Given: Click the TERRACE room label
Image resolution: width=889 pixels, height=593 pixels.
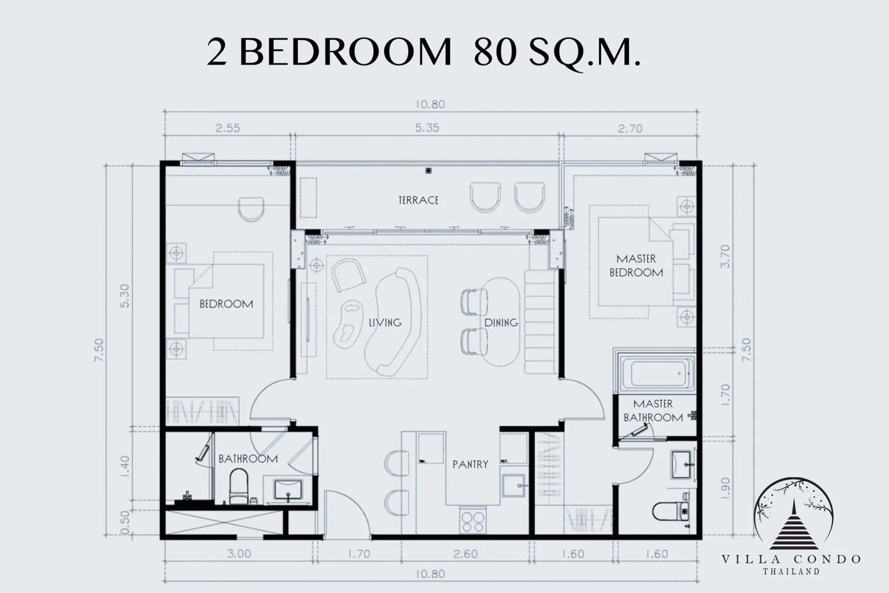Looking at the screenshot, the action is coord(418,200).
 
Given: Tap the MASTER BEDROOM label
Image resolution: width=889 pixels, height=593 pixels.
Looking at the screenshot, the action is coord(636,265).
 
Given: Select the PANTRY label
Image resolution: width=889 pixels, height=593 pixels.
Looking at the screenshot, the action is coord(470,464).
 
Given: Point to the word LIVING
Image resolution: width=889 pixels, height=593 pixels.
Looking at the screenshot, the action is coord(385,322).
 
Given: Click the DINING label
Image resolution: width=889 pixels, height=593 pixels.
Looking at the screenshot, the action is coord(501,322).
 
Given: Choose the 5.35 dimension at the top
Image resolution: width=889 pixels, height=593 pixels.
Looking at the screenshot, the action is coord(427,127).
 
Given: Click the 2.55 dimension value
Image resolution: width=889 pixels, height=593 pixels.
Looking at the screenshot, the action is coord(228,127).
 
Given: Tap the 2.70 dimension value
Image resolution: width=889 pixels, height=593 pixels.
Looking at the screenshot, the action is coord(630,128).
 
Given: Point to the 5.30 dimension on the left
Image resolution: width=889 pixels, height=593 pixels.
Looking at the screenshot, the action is coord(125,296).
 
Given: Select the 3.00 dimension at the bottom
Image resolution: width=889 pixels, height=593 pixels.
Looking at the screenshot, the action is coord(239,554).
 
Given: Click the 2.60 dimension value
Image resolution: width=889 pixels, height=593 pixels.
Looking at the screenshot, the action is coord(466,554).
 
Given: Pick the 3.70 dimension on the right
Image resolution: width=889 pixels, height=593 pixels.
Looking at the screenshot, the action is coord(725,256).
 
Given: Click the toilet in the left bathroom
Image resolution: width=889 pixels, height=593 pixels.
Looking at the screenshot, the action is coord(239,487).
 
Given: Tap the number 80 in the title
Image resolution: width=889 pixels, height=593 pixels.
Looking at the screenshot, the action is coord(495,53).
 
